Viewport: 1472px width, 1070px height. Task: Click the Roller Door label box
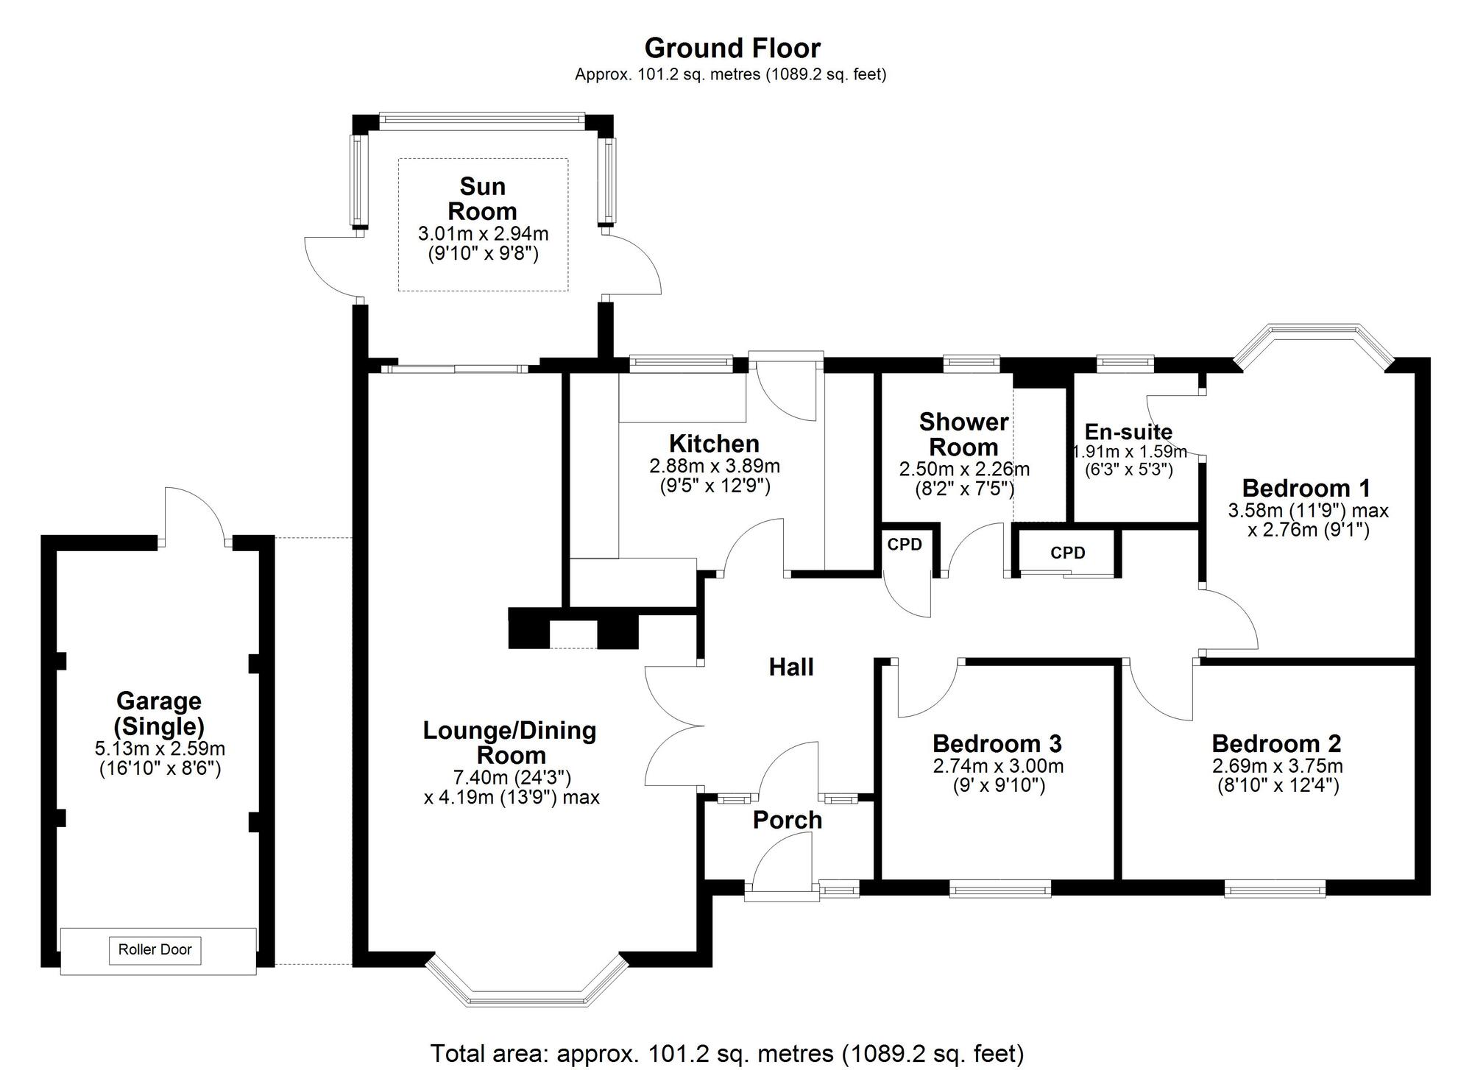(155, 949)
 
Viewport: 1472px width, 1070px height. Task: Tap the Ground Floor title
(732, 49)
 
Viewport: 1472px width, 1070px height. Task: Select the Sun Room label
(482, 199)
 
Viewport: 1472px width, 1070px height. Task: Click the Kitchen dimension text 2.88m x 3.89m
(714, 466)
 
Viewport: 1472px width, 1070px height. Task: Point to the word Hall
(790, 667)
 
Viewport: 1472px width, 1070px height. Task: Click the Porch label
(787, 820)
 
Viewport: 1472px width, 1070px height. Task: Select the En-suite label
(1128, 432)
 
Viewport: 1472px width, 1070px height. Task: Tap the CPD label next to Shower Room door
(905, 545)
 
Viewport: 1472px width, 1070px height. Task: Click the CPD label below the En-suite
(1067, 553)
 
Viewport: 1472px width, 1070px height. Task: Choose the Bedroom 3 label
(997, 743)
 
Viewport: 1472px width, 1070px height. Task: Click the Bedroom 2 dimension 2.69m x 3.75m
(1277, 766)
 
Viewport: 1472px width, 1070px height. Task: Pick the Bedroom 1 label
(1306, 488)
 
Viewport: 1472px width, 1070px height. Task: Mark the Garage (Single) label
(158, 714)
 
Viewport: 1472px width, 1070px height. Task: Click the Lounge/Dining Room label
(509, 743)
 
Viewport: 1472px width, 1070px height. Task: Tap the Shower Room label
(963, 434)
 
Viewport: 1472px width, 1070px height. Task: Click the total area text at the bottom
(726, 1053)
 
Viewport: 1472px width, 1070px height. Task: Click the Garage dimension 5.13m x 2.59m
(160, 749)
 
